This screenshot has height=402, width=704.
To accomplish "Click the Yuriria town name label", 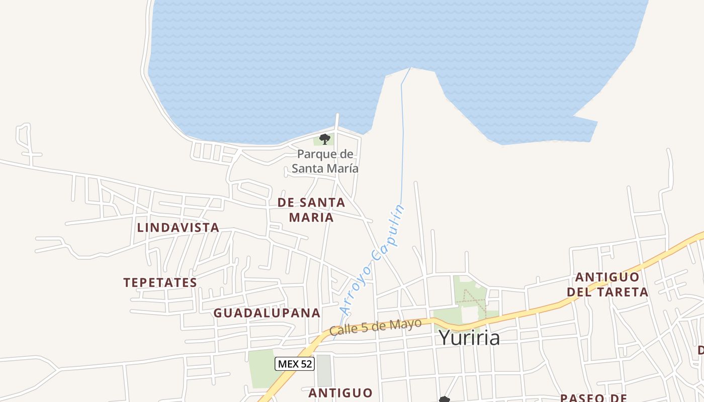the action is click(x=469, y=338).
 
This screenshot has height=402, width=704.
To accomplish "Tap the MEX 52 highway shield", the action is click(x=295, y=364).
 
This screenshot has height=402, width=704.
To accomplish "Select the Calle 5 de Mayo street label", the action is click(x=375, y=327).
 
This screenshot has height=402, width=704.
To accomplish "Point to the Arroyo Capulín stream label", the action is click(x=373, y=259).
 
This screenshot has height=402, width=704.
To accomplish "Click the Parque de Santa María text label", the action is click(x=325, y=161).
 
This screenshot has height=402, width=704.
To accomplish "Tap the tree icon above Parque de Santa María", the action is click(x=325, y=139).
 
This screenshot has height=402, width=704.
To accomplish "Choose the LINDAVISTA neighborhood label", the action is click(x=178, y=228).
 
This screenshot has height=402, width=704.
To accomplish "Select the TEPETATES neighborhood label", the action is click(x=160, y=282).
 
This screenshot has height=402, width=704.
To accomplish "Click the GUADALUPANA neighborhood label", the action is click(x=267, y=313).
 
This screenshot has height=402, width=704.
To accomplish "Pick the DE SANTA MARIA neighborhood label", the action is click(x=312, y=210).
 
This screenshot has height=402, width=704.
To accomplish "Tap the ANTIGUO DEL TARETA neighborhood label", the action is click(x=607, y=284).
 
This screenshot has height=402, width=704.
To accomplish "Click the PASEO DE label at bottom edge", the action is click(x=597, y=398).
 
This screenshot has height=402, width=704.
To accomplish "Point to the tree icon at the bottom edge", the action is click(x=444, y=399).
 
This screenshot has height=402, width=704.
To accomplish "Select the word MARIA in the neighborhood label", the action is click(x=312, y=218).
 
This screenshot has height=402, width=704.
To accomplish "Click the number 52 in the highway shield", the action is click(x=305, y=364).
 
